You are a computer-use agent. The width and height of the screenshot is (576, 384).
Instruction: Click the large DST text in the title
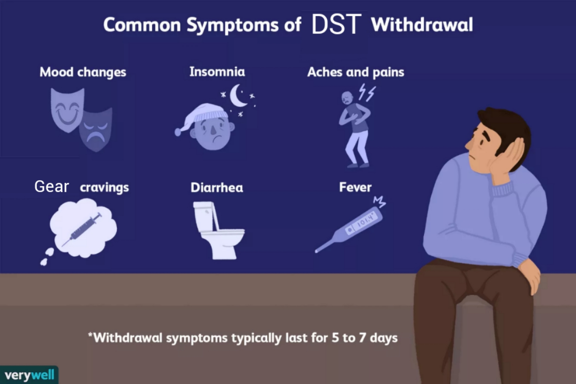337,24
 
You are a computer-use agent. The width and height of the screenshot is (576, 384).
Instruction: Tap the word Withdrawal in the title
422,25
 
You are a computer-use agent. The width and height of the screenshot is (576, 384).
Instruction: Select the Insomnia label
217,72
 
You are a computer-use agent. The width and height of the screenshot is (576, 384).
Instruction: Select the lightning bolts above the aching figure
367,92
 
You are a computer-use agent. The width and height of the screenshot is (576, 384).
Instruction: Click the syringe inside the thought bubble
82,229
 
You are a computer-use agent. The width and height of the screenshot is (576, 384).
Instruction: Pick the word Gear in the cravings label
52,187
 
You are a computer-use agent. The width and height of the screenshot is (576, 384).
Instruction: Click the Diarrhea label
217,188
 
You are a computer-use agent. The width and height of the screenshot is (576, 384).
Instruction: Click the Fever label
355,187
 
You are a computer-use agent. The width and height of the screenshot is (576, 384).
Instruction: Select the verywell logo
29,375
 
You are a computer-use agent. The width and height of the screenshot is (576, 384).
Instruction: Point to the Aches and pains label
356,72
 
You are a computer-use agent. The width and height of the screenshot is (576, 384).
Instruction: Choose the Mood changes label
83,72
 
